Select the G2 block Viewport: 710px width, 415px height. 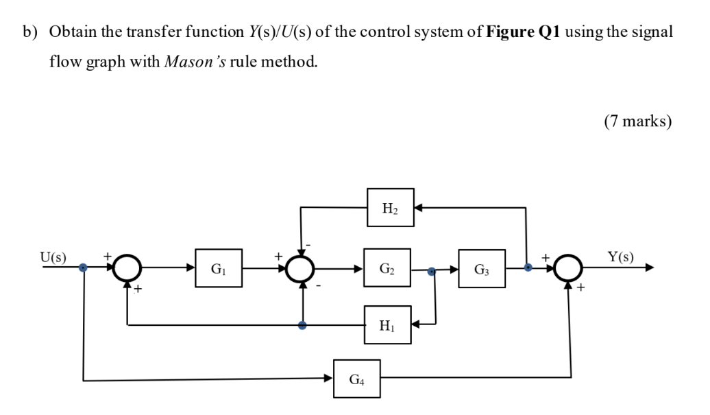[387, 268]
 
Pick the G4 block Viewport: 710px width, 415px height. [357, 378]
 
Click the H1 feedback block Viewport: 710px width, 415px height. [387, 324]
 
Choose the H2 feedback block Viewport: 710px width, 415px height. [390, 207]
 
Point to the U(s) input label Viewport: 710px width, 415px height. [53, 258]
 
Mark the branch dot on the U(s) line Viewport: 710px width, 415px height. [83, 268]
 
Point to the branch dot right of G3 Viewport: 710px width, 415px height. [526, 268]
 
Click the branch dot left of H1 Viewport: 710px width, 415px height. [302, 325]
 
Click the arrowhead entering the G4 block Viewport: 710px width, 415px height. [329, 378]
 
